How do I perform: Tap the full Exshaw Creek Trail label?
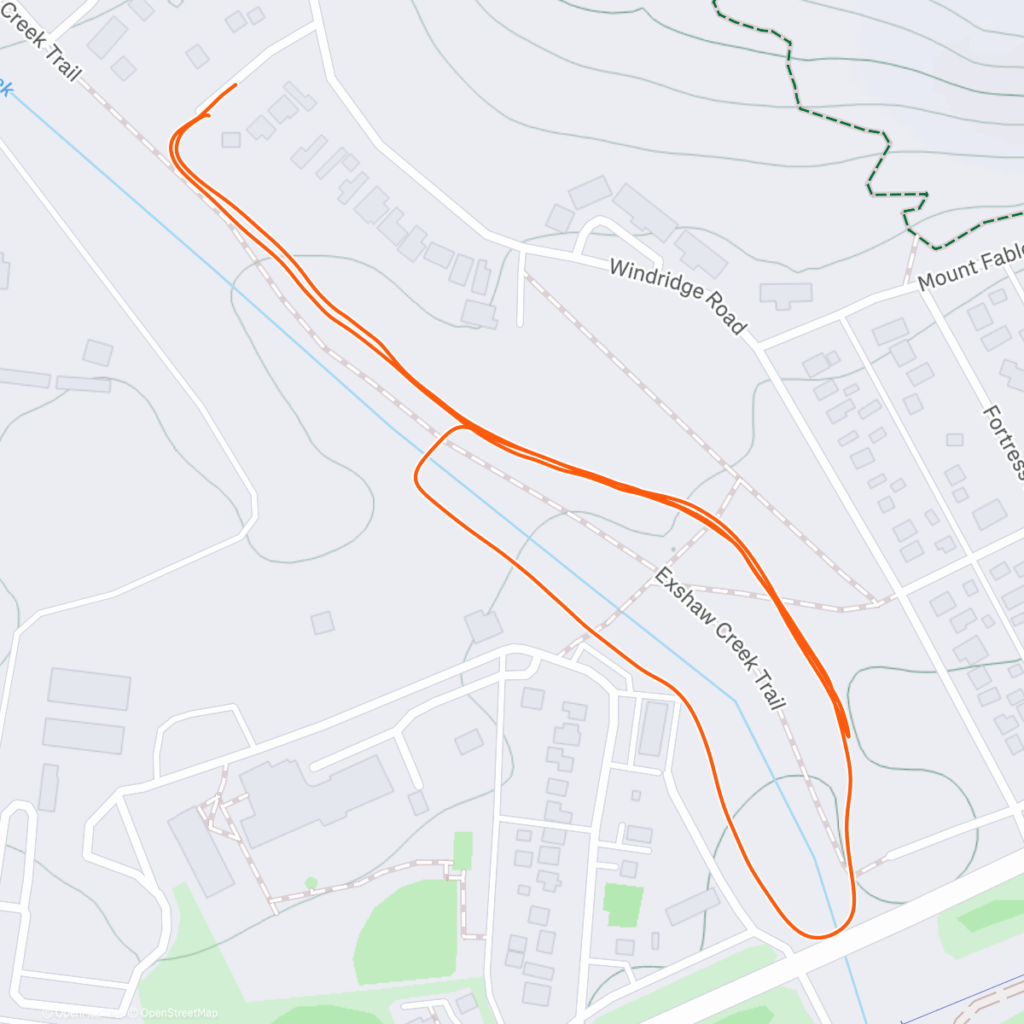tap(719, 637)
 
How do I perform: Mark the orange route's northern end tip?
tap(235, 85)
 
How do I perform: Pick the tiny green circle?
tap(311, 883)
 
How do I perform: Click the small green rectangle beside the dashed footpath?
tap(463, 850)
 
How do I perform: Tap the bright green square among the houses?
tap(622, 905)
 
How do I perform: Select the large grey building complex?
tap(316, 794)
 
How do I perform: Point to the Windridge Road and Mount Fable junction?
tap(756, 346)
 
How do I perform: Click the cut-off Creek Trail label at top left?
tap(43, 43)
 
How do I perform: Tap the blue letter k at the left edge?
tap(5, 88)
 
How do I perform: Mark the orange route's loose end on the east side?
tap(847, 734)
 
